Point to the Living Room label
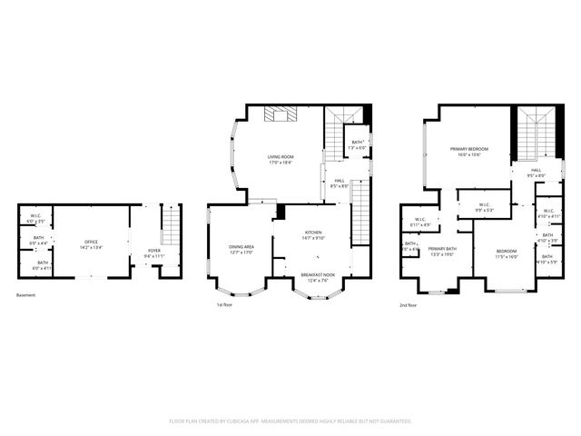click(x=280, y=157)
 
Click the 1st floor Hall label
click(x=338, y=180)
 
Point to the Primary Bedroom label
click(x=469, y=149)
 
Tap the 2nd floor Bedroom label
click(x=507, y=251)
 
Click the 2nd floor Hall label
click(x=536, y=170)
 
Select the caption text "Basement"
click(x=26, y=295)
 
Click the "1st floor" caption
click(x=226, y=305)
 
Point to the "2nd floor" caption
click(x=408, y=305)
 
